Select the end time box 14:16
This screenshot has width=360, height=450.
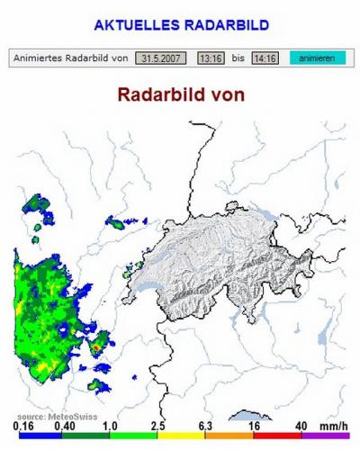click(x=265, y=58)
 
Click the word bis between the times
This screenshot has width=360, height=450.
click(x=237, y=58)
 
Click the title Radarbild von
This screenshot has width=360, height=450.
click(x=180, y=94)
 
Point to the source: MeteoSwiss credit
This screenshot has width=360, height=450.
click(x=45, y=417)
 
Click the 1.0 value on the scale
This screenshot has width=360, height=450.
click(x=112, y=427)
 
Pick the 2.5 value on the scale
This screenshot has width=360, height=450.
click(x=157, y=427)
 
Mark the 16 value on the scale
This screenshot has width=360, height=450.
click(x=256, y=427)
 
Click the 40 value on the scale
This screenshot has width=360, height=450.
click(x=301, y=427)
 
